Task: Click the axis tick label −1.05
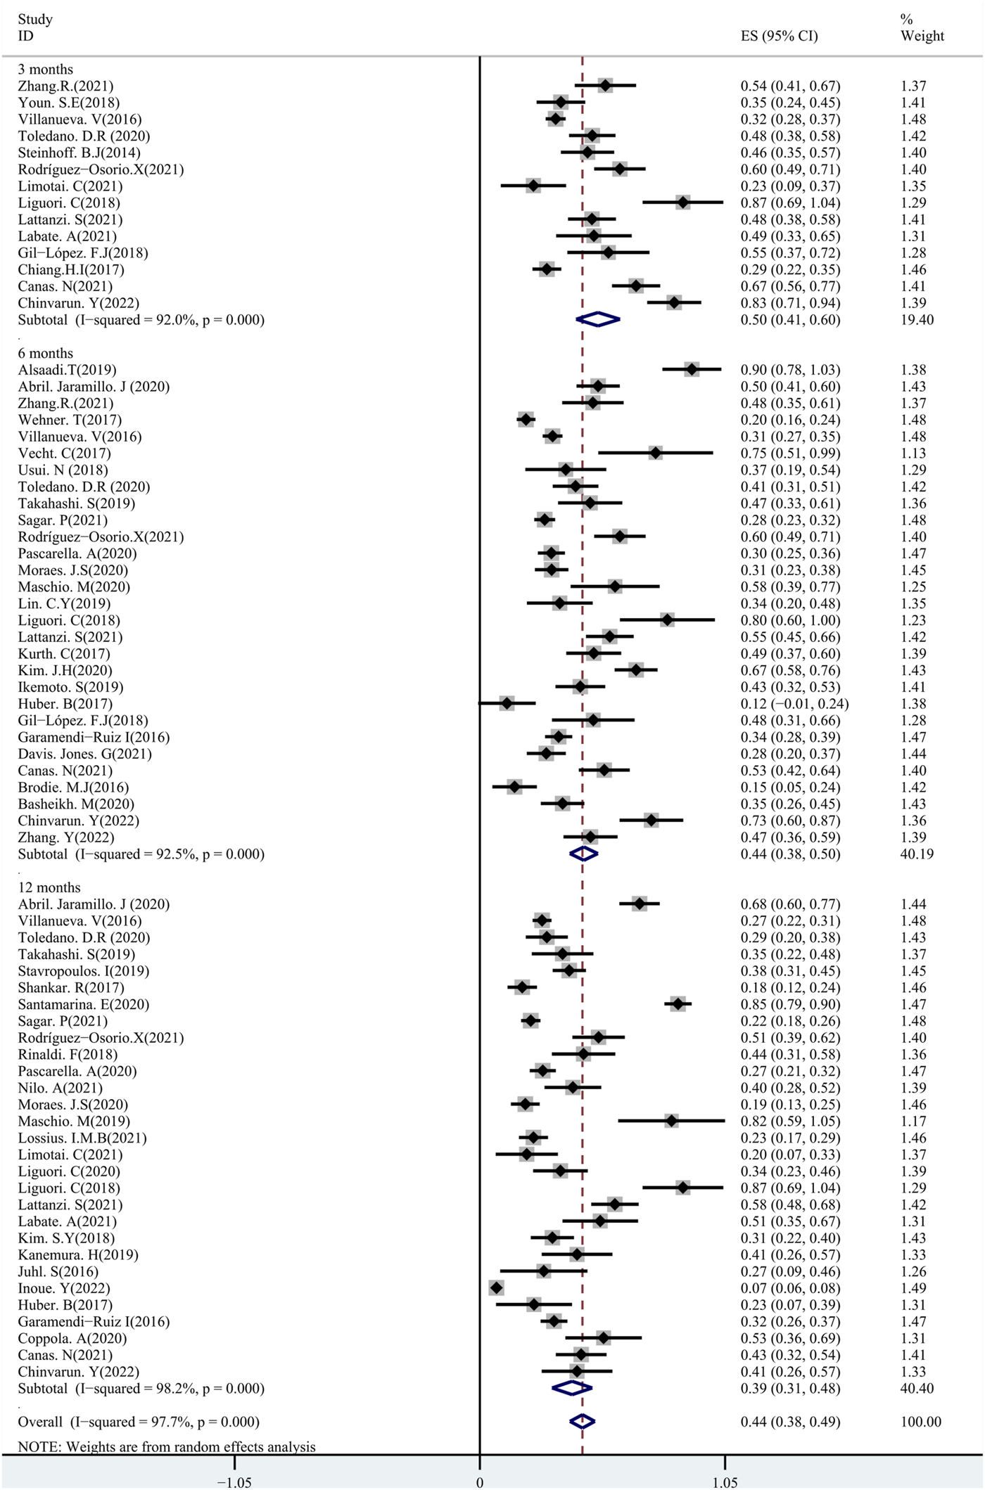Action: click(x=234, y=1482)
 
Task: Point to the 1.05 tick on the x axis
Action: click(x=725, y=1482)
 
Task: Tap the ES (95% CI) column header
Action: click(x=779, y=36)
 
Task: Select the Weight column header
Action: click(x=922, y=36)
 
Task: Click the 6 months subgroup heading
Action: click(x=46, y=353)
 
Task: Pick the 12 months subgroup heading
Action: click(x=49, y=887)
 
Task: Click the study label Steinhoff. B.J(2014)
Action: click(x=79, y=153)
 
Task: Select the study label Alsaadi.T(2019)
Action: click(x=68, y=370)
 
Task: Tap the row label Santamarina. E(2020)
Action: click(x=84, y=1004)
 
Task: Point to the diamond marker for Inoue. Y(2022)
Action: click(x=496, y=1288)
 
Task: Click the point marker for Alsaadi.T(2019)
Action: click(x=692, y=369)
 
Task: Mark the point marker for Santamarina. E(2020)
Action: click(x=678, y=1004)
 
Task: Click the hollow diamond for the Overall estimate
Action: click(x=582, y=1422)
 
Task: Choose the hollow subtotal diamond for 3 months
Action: click(x=597, y=320)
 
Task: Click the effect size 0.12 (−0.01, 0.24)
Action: click(x=794, y=704)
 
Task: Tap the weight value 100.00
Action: click(x=920, y=1422)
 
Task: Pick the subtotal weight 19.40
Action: click(x=917, y=320)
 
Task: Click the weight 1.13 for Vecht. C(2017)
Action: click(x=913, y=454)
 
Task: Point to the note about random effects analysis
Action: click(x=167, y=1447)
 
